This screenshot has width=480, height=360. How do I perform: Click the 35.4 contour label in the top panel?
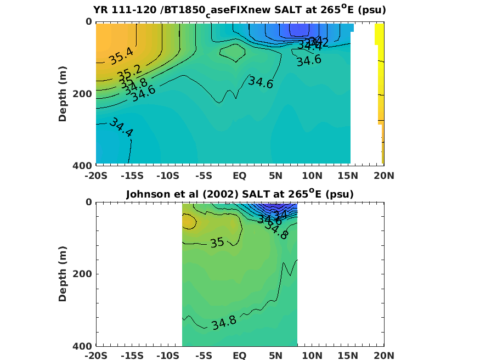coord(121,55)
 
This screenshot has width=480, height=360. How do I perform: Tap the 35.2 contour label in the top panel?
coord(129,71)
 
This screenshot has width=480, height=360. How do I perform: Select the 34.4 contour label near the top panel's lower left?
coord(121,127)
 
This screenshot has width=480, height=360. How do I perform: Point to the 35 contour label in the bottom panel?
coord(217,242)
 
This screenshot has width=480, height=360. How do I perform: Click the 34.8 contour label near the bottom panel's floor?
coord(224,322)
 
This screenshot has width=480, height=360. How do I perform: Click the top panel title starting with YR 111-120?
coord(239,10)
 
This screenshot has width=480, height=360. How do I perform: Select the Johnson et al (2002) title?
coord(239,194)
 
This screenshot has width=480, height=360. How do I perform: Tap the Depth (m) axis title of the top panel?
coord(63,93)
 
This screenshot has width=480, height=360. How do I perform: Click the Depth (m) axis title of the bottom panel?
coord(63,274)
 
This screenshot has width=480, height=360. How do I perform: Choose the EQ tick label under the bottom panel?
coord(240,356)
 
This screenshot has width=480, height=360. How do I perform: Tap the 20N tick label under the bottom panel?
coord(383,356)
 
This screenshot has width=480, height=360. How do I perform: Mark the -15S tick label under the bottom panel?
coord(132,356)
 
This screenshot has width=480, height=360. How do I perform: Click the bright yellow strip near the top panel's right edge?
coord(379,34)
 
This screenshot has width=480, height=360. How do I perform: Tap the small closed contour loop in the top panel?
coord(232,52)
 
